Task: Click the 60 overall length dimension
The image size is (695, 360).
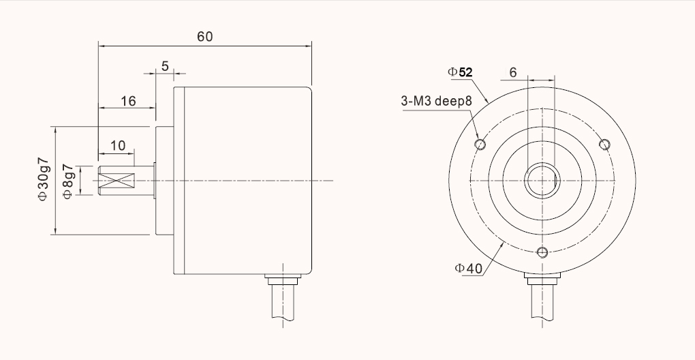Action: point(204,37)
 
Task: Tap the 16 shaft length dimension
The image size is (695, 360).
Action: point(127,101)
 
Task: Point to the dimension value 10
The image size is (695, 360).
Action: point(117,145)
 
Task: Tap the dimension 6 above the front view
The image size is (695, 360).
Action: point(513,72)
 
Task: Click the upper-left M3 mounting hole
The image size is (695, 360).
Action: point(480,144)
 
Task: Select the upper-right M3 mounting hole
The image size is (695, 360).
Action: point(604,143)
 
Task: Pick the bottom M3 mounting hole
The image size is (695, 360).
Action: point(542,253)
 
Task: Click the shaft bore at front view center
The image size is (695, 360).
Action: point(542,181)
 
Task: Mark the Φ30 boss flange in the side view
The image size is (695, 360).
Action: point(164,181)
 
